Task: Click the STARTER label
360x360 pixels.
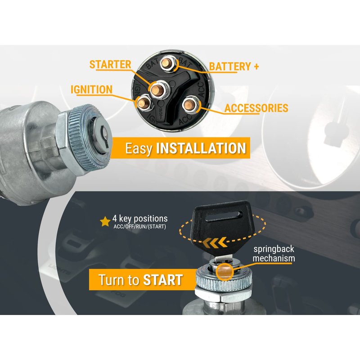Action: pyautogui.click(x=110, y=64)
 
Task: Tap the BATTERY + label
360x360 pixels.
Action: pyautogui.click(x=234, y=67)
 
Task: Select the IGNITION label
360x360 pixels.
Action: pyautogui.click(x=91, y=90)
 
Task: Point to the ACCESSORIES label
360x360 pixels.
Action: pyautogui.click(x=256, y=108)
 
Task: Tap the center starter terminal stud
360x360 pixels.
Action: pyautogui.click(x=157, y=89)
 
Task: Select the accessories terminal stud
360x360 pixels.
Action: pyautogui.click(x=189, y=105)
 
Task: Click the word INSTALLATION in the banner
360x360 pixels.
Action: pyautogui.click(x=201, y=148)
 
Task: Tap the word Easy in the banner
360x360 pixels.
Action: pyautogui.click(x=139, y=149)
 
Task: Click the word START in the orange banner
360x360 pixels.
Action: pyautogui.click(x=163, y=279)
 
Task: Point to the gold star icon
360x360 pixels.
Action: pyautogui.click(x=105, y=221)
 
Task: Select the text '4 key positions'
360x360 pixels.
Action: pyautogui.click(x=140, y=218)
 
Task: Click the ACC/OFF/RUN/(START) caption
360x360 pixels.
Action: pyautogui.click(x=139, y=227)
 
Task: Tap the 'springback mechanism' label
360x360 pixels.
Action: pyautogui.click(x=274, y=253)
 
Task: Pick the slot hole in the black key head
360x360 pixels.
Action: pyautogui.click(x=224, y=216)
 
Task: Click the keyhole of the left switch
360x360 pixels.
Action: pyautogui.click(x=104, y=137)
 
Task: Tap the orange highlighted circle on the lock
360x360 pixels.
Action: pyautogui.click(x=225, y=272)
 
